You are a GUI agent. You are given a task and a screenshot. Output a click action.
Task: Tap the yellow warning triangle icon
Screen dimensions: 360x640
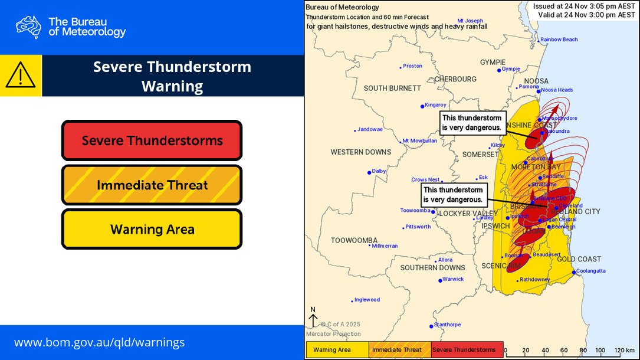[21, 76]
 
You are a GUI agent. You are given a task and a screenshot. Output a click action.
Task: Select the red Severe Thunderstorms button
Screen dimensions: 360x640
[152, 140]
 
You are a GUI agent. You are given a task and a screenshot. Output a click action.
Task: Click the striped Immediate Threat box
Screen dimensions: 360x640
[152, 185]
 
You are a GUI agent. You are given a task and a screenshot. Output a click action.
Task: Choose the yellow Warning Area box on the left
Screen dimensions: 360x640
[152, 229]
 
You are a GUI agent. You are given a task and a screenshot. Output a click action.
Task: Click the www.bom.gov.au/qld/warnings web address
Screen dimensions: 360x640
[99, 342]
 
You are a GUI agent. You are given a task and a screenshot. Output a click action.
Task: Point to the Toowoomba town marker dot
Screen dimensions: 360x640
[433, 212]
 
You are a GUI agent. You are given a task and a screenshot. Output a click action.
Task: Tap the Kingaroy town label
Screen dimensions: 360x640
[435, 105]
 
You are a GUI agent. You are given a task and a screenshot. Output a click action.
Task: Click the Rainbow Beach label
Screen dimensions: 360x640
[559, 40]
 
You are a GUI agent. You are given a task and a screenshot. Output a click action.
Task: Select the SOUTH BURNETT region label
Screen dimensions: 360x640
[392, 88]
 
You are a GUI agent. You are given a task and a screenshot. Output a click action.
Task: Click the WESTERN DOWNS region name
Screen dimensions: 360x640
[360, 152]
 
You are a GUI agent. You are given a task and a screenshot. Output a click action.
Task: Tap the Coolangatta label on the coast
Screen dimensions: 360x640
[590, 271]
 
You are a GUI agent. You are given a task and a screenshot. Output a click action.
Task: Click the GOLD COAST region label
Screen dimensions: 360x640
[579, 259]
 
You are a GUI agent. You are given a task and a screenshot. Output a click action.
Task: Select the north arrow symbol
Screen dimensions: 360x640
[313, 318]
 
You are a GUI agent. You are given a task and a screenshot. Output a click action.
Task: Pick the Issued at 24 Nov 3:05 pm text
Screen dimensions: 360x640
[583, 6]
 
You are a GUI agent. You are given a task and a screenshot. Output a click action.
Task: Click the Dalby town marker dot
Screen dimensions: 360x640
[370, 172]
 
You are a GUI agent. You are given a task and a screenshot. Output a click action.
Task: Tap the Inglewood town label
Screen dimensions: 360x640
[367, 300]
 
